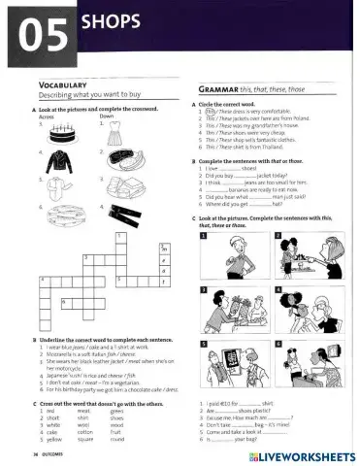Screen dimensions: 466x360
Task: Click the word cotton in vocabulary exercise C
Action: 85,431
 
